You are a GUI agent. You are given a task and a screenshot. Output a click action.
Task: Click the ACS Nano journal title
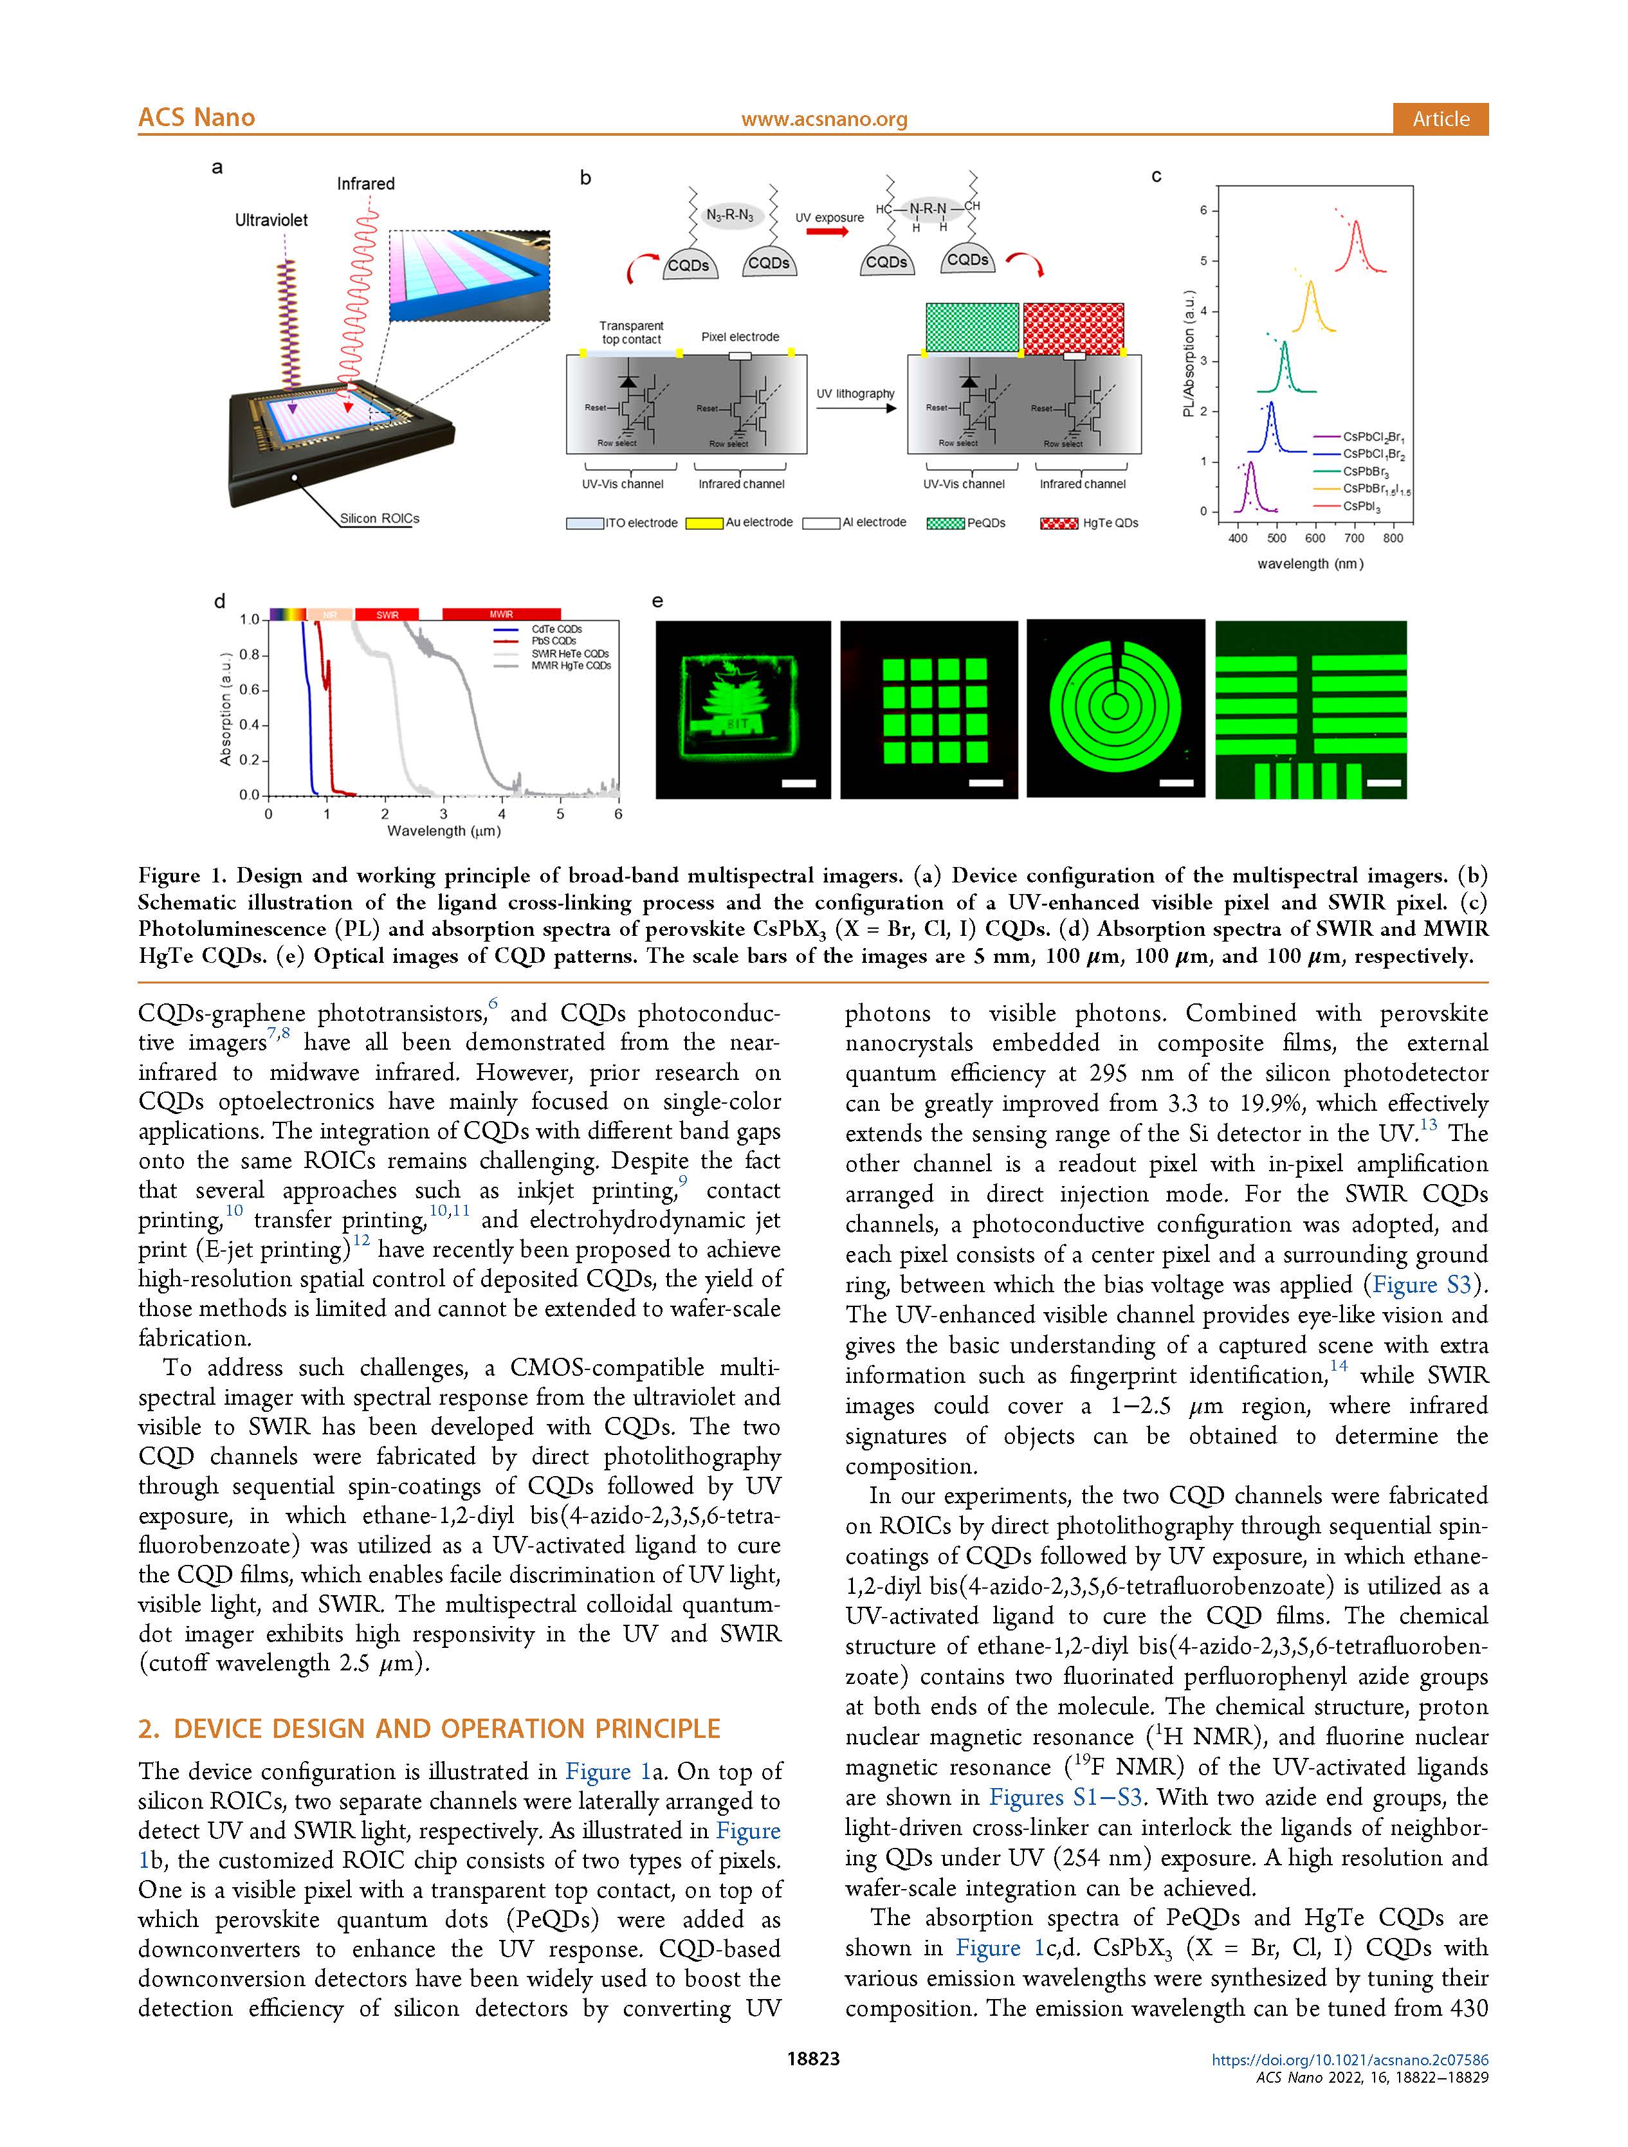point(196,118)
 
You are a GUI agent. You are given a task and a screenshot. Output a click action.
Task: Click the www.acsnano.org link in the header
point(823,120)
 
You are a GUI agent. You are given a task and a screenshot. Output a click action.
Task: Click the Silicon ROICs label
point(379,518)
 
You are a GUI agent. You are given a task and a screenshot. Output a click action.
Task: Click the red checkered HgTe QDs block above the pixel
point(1073,328)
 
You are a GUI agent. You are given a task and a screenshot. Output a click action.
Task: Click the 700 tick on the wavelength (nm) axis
point(1354,538)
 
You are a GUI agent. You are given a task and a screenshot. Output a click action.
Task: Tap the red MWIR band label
point(501,614)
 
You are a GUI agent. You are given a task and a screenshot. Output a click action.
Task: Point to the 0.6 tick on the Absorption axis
point(250,690)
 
